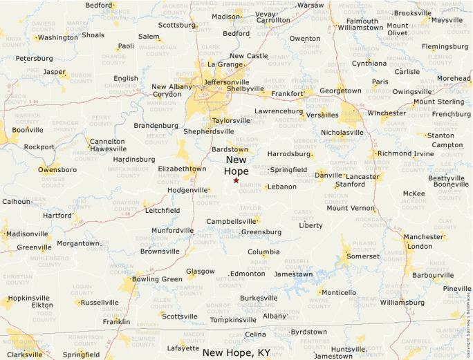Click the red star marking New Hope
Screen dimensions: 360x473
coord(236,180)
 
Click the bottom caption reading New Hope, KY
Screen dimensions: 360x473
coord(236,352)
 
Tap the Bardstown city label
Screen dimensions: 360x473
coord(230,149)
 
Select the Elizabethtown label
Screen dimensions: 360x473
coord(182,169)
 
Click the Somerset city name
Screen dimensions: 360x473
coord(363,256)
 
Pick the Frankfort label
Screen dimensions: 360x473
coord(288,93)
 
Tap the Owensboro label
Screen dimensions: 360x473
coord(57,169)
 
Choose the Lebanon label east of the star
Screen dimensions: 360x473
coord(282,187)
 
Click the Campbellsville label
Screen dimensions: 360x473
coord(232,222)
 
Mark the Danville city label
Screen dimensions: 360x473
coord(328,176)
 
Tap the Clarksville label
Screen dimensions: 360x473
coord(25,354)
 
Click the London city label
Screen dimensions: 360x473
coord(420,246)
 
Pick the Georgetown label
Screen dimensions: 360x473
coord(340,91)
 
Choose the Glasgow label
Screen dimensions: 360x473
coord(201,272)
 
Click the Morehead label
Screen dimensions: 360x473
coord(454,79)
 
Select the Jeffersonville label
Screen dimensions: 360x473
coord(226,82)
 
